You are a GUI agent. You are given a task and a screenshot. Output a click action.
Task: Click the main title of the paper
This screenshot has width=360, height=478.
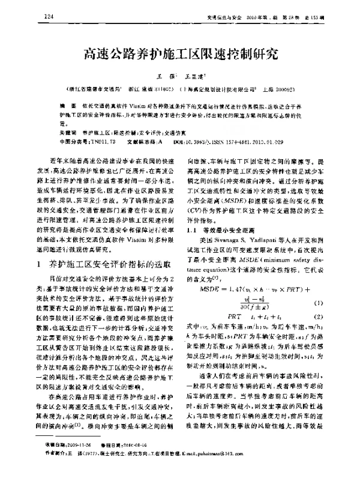pyautogui.click(x=180, y=57)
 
